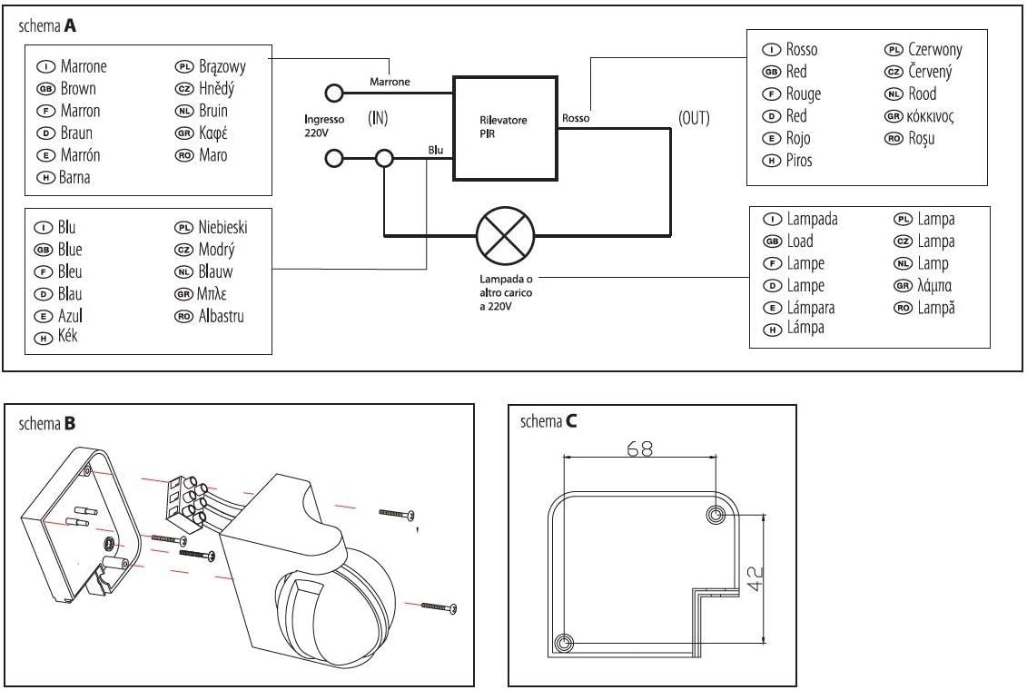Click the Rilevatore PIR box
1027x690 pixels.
[x=503, y=126]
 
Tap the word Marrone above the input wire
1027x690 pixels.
[x=390, y=82]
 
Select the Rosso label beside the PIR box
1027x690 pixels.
[x=576, y=118]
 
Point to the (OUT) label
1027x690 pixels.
[x=695, y=119]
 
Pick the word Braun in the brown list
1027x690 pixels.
[x=77, y=133]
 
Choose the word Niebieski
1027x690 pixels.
[x=222, y=228]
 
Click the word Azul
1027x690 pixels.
[x=71, y=317]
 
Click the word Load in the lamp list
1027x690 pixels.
[x=799, y=241]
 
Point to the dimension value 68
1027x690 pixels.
[x=640, y=448]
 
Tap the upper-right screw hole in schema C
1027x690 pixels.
[x=715, y=516]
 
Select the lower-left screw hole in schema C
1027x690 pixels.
[x=565, y=644]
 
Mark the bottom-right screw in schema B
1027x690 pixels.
[x=438, y=606]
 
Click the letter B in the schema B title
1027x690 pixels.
[x=70, y=422]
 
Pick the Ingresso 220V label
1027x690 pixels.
[x=324, y=125]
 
